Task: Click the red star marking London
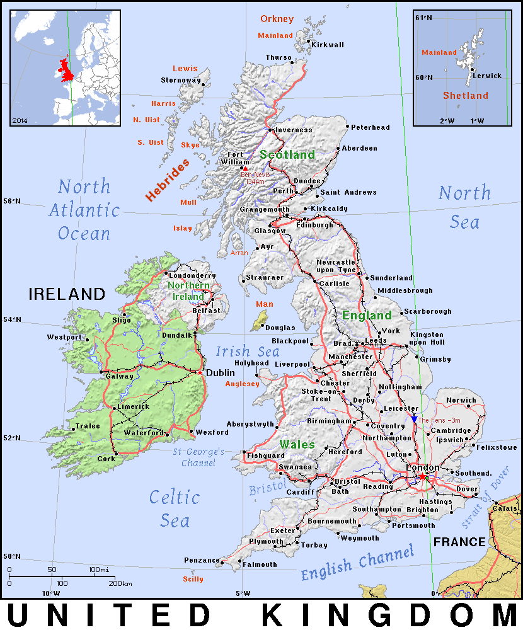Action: click(422, 477)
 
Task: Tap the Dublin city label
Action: click(221, 372)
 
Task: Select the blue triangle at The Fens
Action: click(414, 419)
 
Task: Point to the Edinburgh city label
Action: click(314, 225)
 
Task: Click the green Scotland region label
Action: click(287, 154)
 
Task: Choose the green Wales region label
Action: click(297, 444)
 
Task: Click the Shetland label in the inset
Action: click(465, 96)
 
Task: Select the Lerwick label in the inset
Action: click(487, 76)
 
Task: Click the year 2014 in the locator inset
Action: click(20, 119)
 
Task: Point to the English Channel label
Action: click(357, 563)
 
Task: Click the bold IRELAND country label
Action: click(66, 294)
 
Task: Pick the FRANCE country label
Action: click(459, 542)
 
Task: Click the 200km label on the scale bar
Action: click(120, 583)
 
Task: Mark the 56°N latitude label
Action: click(13, 201)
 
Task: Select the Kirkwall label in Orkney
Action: click(328, 45)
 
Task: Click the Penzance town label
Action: click(202, 560)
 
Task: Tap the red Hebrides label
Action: click(168, 180)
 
